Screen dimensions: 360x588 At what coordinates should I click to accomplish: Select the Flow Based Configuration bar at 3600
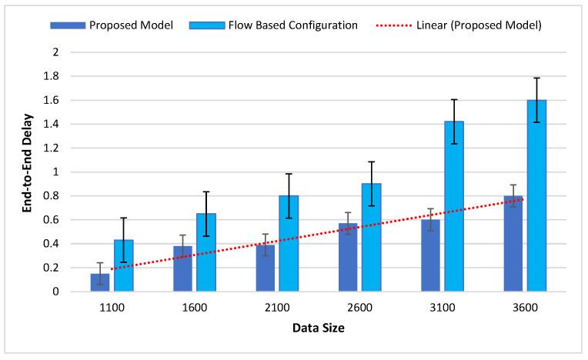[536, 195]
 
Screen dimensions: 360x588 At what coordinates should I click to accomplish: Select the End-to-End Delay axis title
[26, 171]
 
